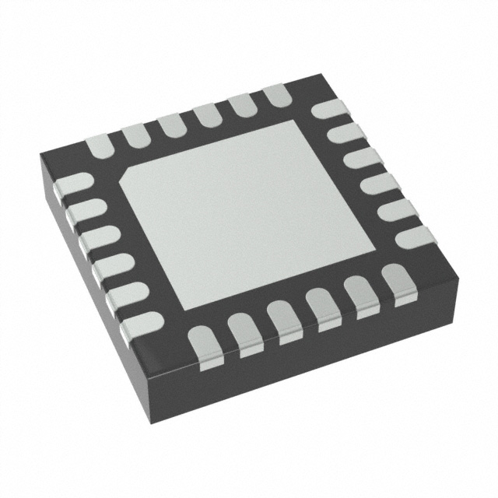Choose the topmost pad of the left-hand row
[71, 185]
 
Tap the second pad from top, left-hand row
[82, 209]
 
